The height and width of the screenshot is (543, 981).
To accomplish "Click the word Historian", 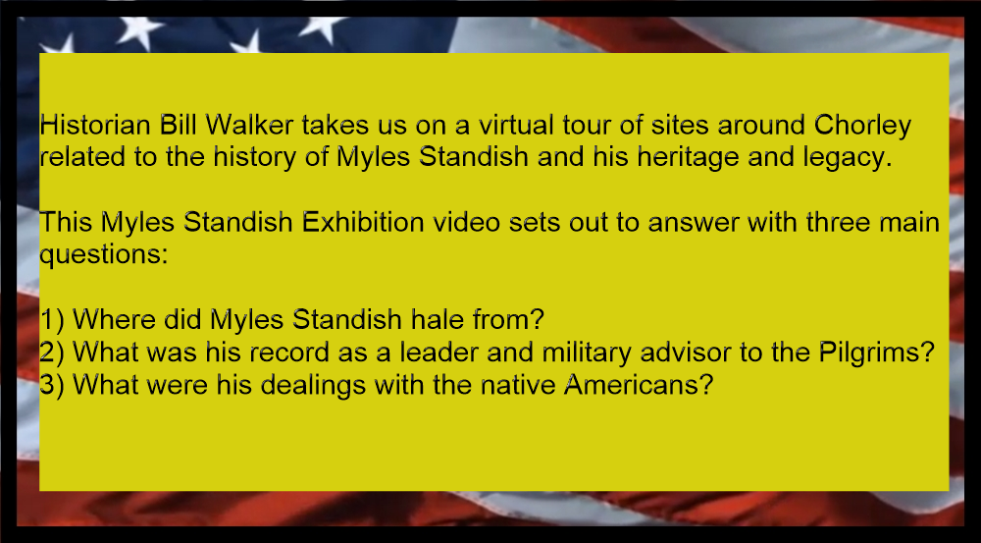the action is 95,126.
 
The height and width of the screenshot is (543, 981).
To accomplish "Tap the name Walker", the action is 249,126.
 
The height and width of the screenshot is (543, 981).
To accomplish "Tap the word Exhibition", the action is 363,222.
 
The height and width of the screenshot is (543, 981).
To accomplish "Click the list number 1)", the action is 52,320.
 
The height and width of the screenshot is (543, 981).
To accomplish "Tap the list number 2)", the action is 52,353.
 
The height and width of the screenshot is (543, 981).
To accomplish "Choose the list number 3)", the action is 52,385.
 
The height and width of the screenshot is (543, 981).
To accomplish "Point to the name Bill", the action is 178,126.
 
